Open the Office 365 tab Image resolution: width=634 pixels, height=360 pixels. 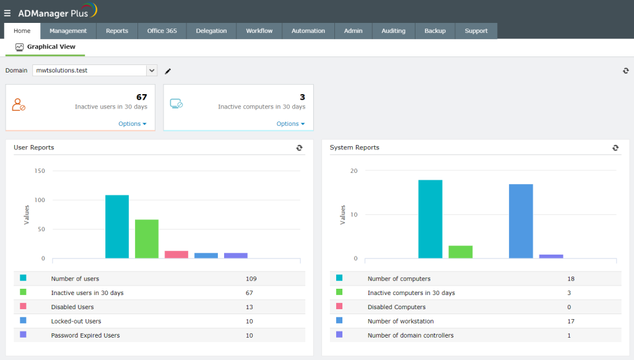[x=162, y=31]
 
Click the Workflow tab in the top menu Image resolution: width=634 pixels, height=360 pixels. [x=259, y=31]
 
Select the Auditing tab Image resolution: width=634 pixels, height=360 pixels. [x=393, y=31]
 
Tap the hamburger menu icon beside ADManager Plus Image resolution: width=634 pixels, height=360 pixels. [x=7, y=12]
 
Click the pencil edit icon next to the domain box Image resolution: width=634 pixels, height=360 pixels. [x=168, y=71]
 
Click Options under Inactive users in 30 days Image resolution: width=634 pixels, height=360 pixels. [x=132, y=124]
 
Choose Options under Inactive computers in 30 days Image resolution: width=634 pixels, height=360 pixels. [x=290, y=124]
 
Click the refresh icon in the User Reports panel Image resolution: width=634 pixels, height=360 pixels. [x=300, y=147]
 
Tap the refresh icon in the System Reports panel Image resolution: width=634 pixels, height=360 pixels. [x=615, y=147]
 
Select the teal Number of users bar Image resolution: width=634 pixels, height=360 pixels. [x=117, y=227]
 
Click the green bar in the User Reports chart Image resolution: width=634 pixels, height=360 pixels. [x=147, y=239]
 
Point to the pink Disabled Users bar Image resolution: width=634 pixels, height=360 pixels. [x=176, y=255]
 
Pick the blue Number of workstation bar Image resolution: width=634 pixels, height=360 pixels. [x=521, y=221]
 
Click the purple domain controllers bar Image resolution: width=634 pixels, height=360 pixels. [x=551, y=256]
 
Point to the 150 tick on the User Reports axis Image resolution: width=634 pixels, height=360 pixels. [x=39, y=171]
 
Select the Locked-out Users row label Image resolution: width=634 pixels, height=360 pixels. [x=76, y=321]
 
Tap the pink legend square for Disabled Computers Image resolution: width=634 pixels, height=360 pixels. [x=339, y=306]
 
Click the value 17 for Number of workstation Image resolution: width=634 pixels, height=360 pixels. [x=571, y=321]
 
